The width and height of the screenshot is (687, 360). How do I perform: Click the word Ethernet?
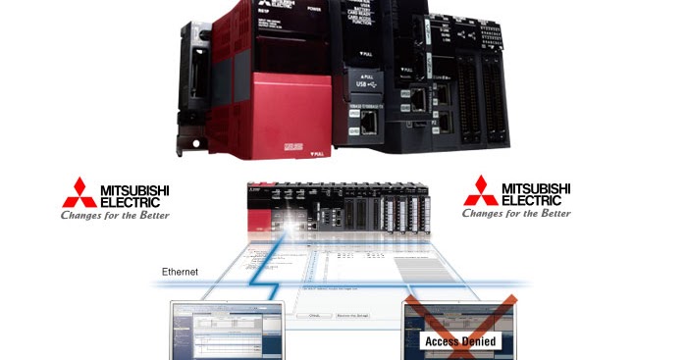click(x=180, y=271)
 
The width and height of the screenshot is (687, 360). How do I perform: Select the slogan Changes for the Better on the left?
click(x=115, y=215)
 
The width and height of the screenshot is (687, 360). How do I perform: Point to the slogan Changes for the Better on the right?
click(x=516, y=213)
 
